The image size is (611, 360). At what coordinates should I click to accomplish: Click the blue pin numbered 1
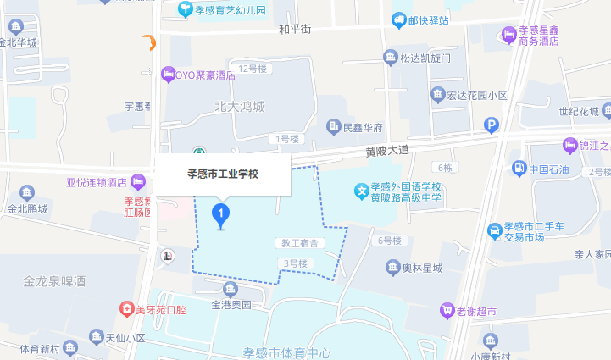tap(221, 213)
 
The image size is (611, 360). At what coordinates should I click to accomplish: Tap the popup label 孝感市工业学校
tap(222, 174)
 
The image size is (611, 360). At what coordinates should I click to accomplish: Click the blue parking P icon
tap(492, 125)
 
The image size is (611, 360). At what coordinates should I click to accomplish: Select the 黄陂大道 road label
tap(387, 150)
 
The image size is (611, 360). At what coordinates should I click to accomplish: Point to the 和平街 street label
tap(295, 30)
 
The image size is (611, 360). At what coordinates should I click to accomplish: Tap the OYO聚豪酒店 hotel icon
tap(168, 75)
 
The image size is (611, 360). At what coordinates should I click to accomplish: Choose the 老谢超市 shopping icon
tap(446, 311)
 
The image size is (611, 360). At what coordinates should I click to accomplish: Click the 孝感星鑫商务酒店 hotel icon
tap(508, 34)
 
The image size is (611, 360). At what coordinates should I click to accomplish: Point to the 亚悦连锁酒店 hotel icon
tap(138, 180)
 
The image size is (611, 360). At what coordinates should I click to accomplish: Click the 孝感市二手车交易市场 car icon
tap(495, 230)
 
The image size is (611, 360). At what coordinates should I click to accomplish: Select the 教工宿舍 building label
tap(299, 243)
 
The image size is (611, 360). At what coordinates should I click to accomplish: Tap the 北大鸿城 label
tap(240, 107)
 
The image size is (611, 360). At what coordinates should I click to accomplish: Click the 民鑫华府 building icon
tap(334, 128)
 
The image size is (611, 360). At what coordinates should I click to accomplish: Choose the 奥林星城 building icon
tap(393, 269)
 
